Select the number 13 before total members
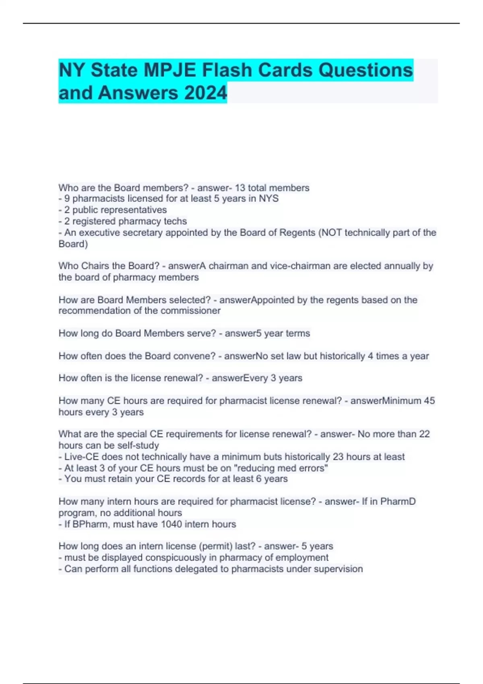click(x=240, y=188)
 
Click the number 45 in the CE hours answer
click(x=429, y=401)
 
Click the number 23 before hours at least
click(x=338, y=457)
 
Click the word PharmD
click(x=398, y=502)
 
